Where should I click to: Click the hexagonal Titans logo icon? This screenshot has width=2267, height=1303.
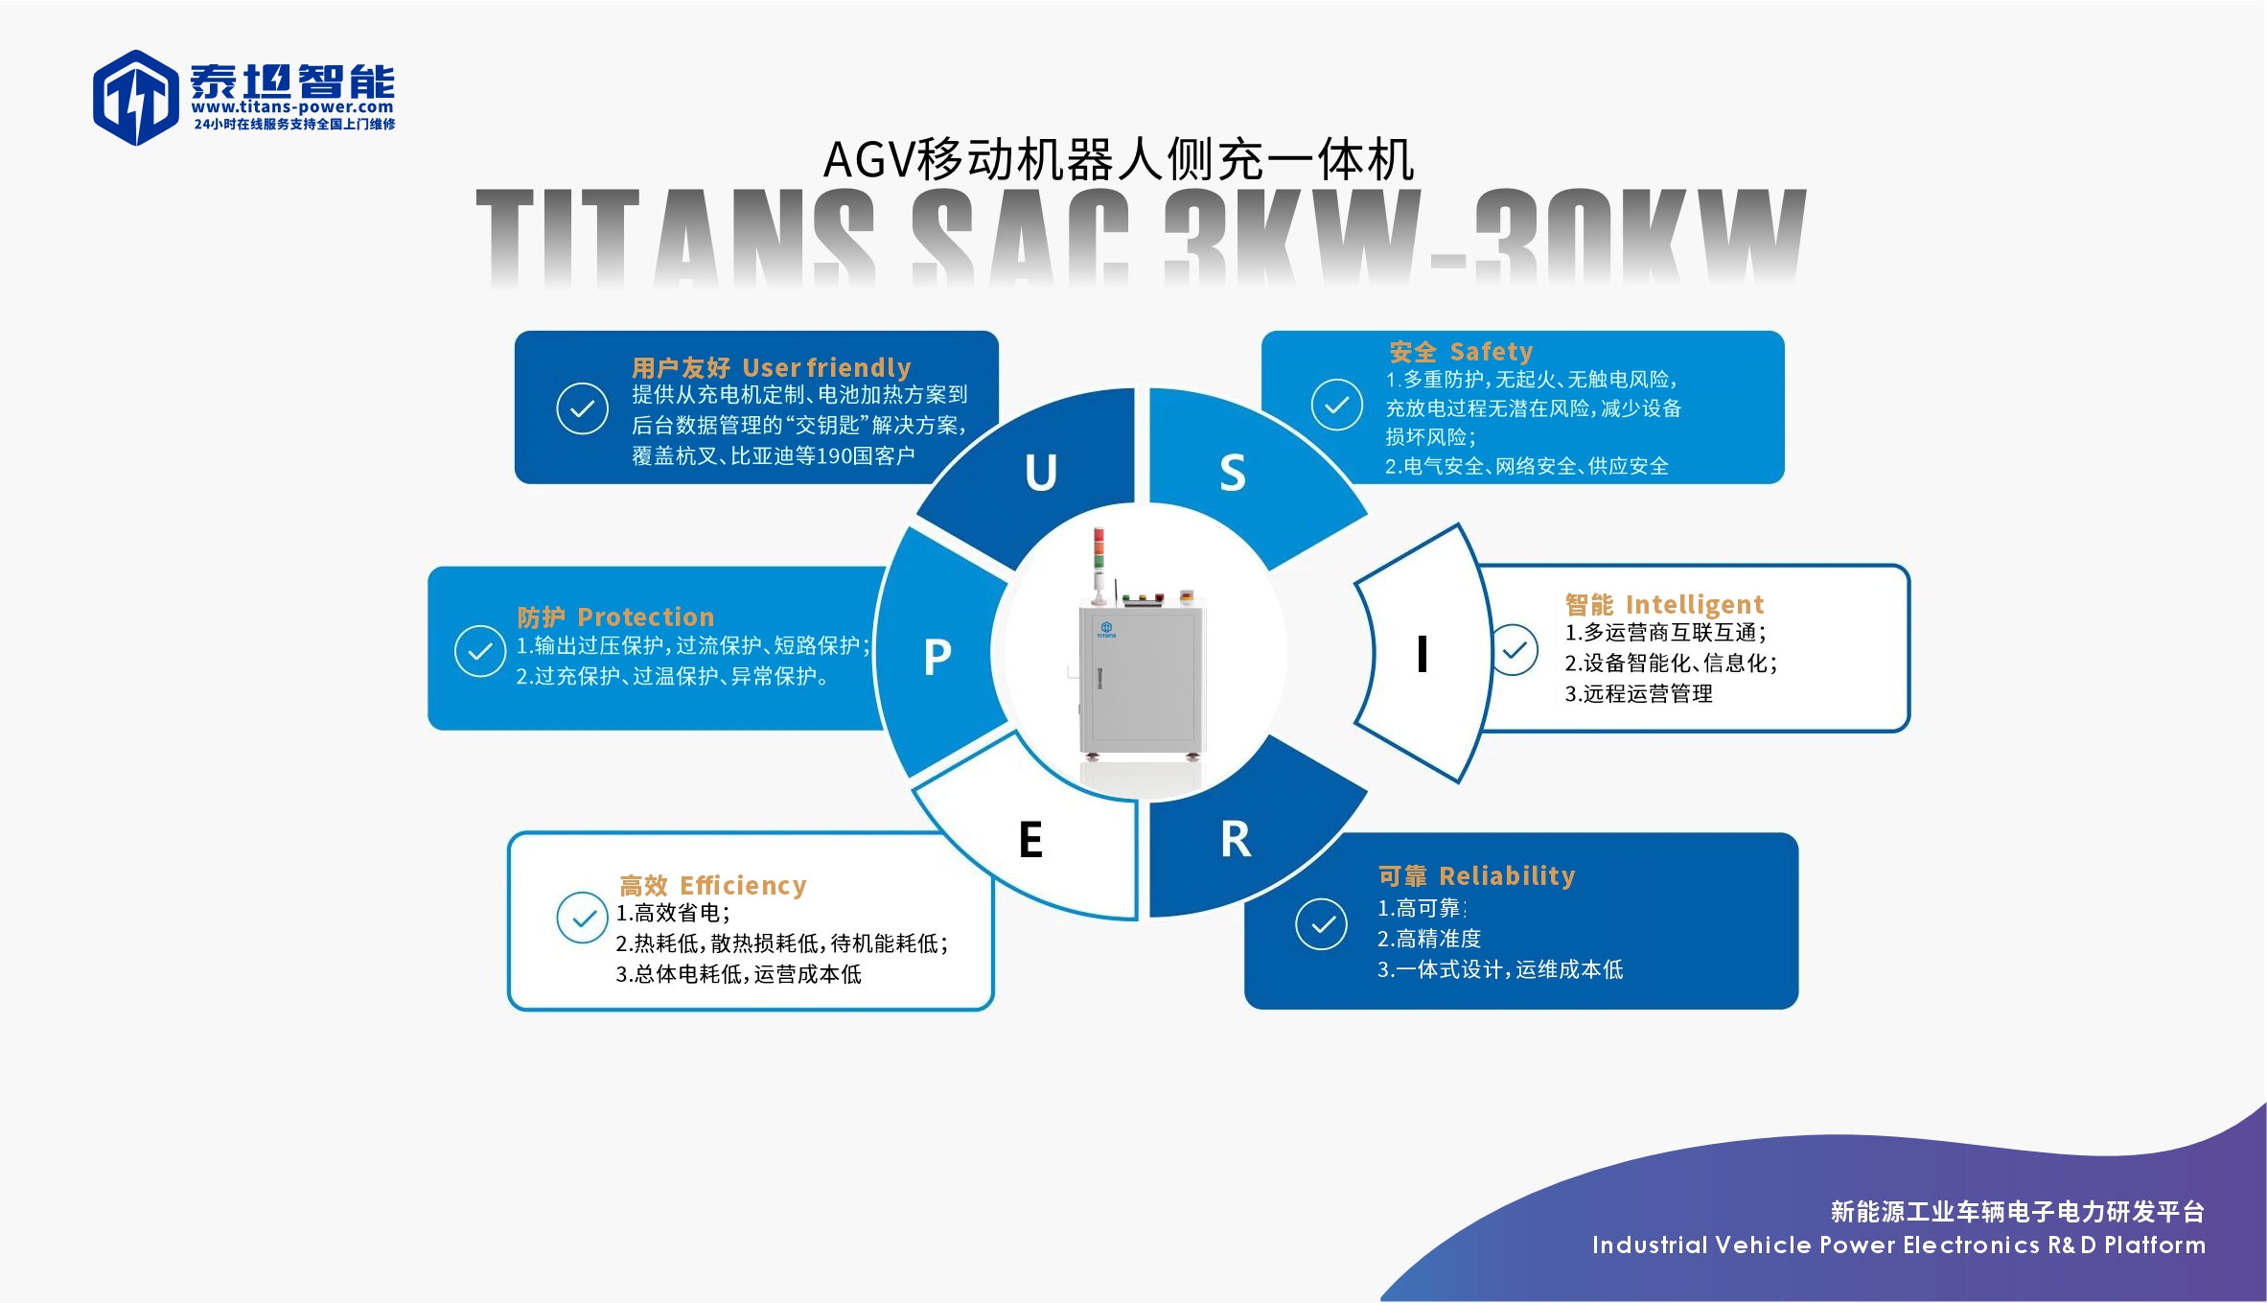135,97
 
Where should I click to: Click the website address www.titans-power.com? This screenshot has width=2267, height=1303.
292,107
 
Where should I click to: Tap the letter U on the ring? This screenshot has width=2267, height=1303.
1041,473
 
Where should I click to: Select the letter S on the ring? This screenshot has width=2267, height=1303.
1233,474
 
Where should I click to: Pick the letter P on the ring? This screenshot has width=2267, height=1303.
937,658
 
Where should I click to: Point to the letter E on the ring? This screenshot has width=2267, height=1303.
1030,841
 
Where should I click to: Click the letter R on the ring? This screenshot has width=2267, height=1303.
1236,841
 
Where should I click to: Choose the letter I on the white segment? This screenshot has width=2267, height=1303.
1423,655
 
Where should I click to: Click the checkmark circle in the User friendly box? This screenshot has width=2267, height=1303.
582,408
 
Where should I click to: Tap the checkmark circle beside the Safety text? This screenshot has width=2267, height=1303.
1337,405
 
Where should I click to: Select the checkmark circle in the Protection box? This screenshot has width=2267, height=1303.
480,651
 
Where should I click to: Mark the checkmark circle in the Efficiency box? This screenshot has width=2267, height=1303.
582,918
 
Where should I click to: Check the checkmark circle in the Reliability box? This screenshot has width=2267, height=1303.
1321,924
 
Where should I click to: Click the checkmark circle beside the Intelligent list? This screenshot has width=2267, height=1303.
1515,650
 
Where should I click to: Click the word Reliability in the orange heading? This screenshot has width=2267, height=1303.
1507,875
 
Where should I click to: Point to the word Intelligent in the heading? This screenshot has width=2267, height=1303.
1695,604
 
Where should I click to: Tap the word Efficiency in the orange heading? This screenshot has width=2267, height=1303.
743,885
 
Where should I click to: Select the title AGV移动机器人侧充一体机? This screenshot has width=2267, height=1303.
1119,159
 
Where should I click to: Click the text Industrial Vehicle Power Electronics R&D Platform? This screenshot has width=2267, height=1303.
1898,1245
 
